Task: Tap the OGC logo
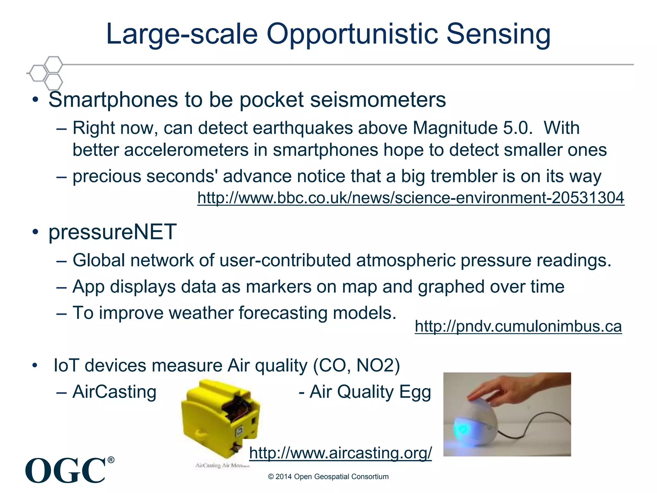[66, 471]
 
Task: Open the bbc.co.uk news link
[411, 198]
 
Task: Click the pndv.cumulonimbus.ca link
[518, 326]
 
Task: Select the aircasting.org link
[340, 453]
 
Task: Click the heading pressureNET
[112, 232]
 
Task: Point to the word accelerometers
[186, 150]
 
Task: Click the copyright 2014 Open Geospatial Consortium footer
[328, 477]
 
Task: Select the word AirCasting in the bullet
[114, 392]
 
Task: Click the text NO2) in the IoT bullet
[378, 366]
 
